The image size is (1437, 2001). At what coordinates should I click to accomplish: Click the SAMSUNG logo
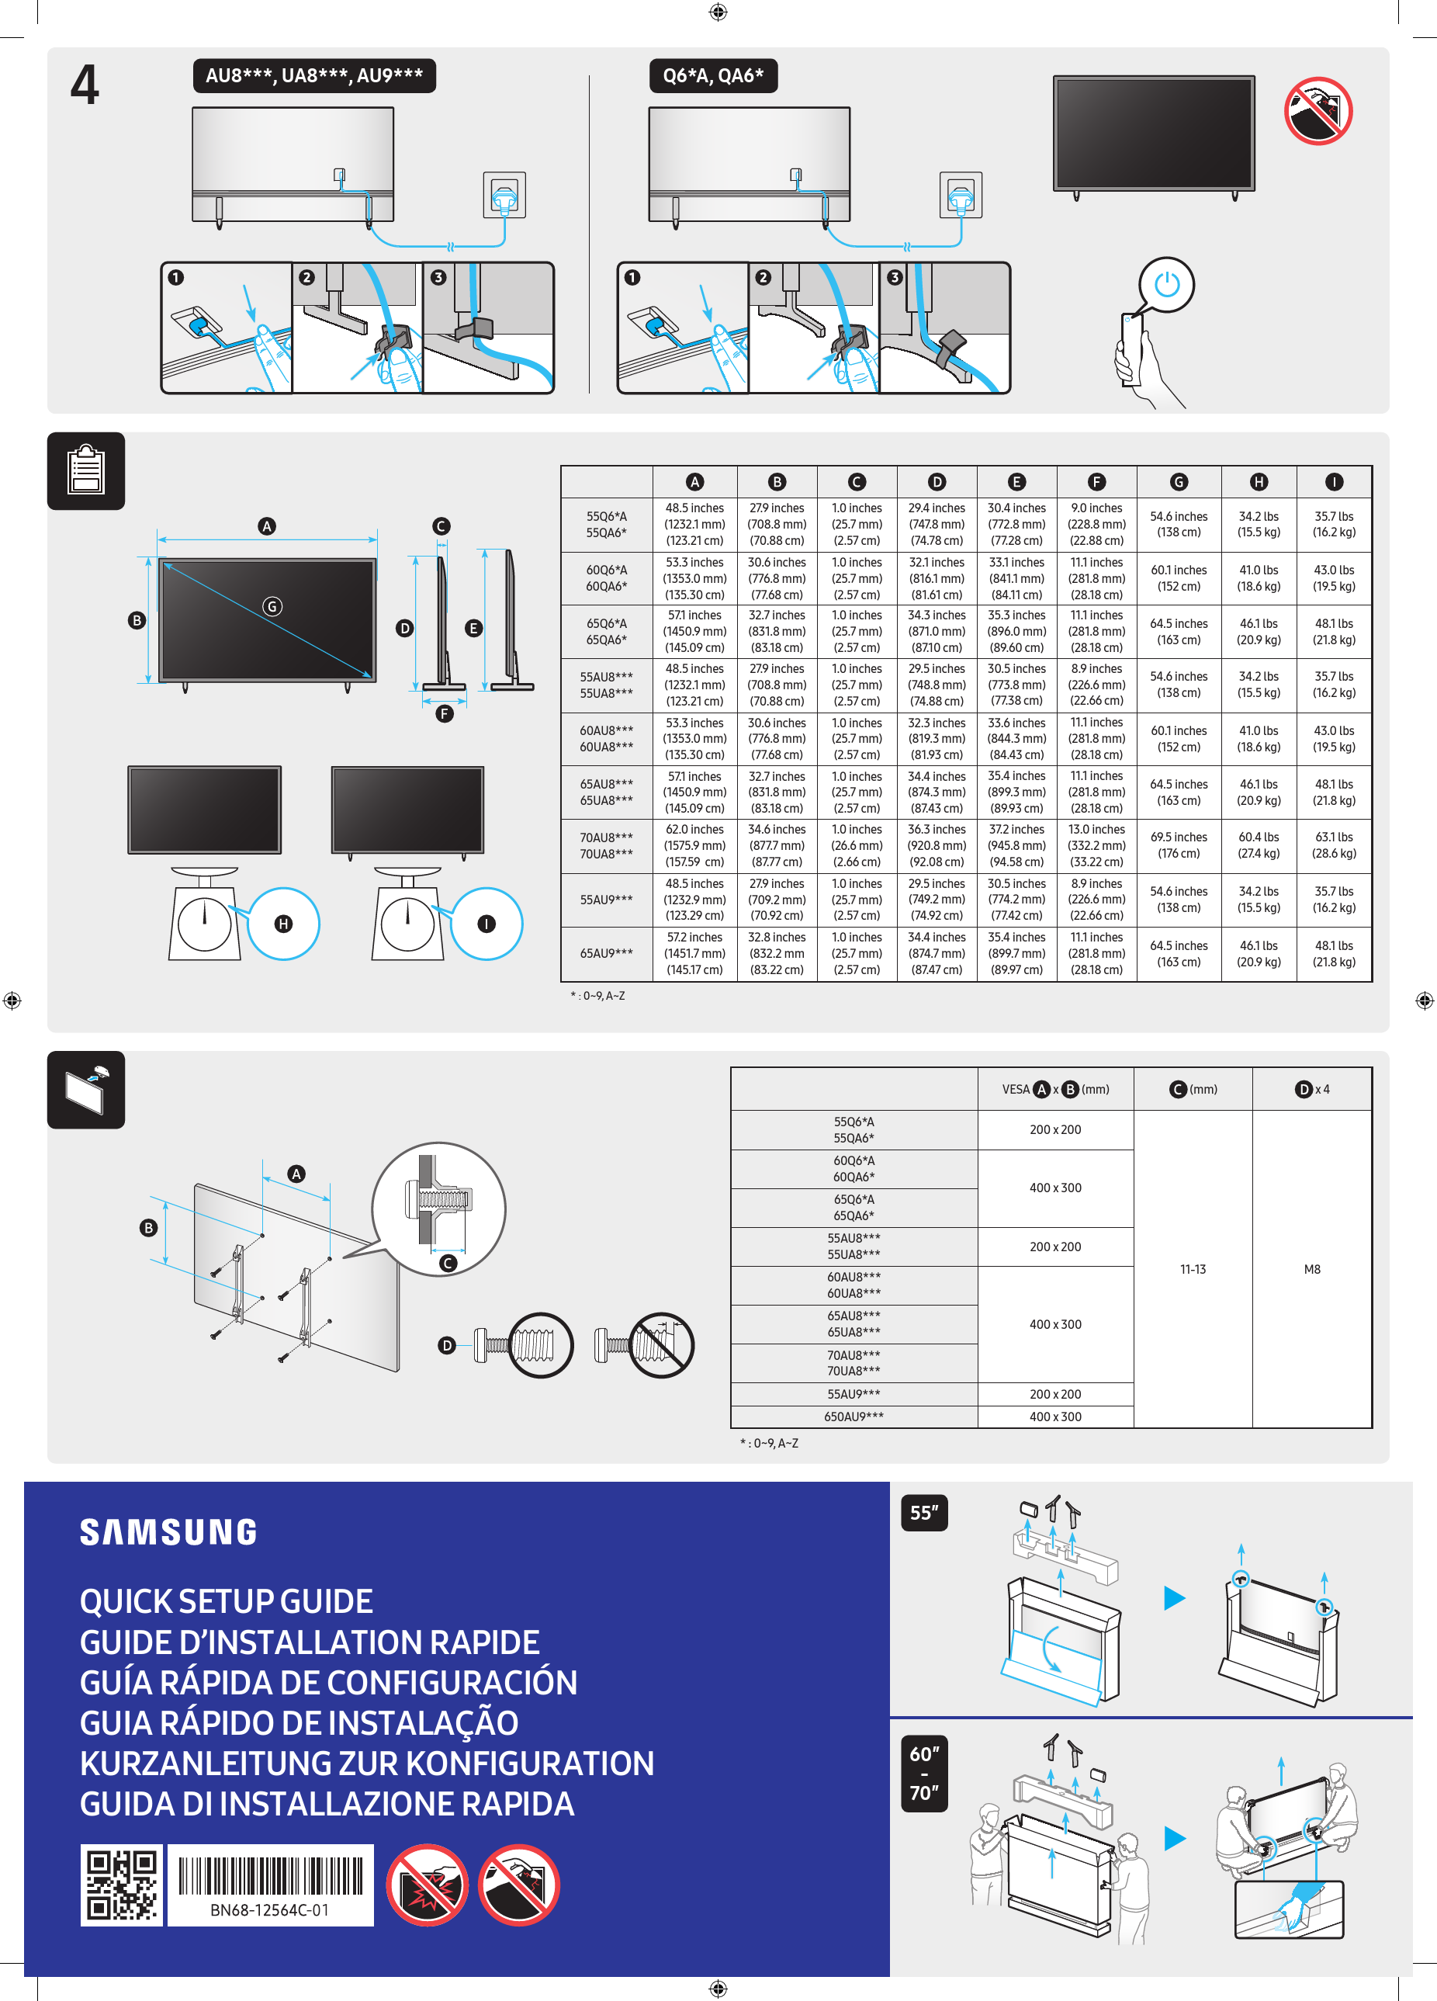[x=168, y=1532]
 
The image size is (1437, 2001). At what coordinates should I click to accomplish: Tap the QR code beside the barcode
[x=122, y=1885]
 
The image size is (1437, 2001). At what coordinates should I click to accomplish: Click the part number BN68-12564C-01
[x=269, y=1910]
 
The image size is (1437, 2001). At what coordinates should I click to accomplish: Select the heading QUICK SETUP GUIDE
[x=226, y=1601]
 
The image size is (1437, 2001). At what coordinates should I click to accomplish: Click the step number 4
[x=85, y=85]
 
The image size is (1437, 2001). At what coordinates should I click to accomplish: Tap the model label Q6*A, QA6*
[x=713, y=76]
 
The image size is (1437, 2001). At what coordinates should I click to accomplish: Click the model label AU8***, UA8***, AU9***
[x=314, y=76]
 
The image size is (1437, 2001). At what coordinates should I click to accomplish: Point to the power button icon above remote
[x=1166, y=285]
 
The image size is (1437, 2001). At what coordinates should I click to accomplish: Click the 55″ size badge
[x=923, y=1512]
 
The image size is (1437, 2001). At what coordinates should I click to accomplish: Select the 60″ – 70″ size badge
[x=923, y=1774]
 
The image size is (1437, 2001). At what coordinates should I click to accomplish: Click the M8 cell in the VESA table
[x=1312, y=1269]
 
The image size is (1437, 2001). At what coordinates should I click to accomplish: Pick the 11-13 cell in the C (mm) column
[x=1193, y=1269]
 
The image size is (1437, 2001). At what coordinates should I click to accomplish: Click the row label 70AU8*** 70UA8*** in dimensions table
[x=606, y=845]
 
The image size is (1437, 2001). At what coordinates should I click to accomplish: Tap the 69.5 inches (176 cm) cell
[x=1179, y=845]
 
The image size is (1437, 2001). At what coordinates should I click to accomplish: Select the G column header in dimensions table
[x=1179, y=482]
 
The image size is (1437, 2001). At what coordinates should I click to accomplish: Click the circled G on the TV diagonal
[x=272, y=606]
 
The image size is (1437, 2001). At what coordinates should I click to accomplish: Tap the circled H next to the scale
[x=283, y=924]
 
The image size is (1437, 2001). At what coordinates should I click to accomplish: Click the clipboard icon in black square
[x=85, y=470]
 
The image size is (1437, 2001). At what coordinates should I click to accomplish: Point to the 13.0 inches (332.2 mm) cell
[x=1096, y=845]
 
